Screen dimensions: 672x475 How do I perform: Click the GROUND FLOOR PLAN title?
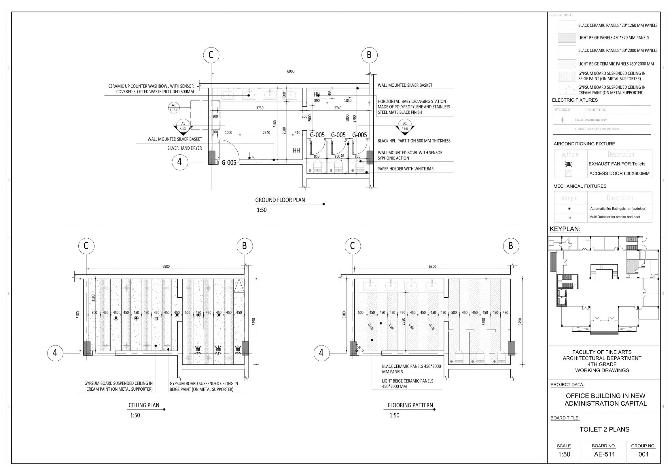click(x=280, y=200)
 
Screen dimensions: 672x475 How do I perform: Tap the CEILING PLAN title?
click(x=144, y=405)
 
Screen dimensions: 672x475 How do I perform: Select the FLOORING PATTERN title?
click(x=410, y=405)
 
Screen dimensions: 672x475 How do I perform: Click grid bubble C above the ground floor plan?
click(x=211, y=55)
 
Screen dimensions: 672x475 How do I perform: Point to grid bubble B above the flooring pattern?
click(x=511, y=246)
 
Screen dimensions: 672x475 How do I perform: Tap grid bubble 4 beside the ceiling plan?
click(x=55, y=353)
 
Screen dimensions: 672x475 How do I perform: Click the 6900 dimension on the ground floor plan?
click(x=290, y=71)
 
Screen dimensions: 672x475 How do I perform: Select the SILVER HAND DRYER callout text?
click(x=184, y=148)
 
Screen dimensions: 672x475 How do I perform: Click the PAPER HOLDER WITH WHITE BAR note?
click(x=405, y=169)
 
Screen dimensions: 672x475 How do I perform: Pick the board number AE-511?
click(x=604, y=454)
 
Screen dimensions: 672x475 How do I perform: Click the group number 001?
click(x=643, y=454)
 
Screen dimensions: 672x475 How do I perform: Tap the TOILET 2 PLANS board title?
click(x=604, y=430)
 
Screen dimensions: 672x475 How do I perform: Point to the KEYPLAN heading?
click(x=565, y=229)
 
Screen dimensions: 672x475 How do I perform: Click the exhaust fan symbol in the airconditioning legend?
click(x=569, y=164)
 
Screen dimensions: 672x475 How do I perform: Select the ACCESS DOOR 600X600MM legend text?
click(x=619, y=173)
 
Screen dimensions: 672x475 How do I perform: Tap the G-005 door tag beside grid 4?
click(x=229, y=163)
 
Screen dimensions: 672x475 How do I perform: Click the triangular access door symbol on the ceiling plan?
click(x=239, y=286)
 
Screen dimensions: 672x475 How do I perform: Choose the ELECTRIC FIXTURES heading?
click(x=575, y=100)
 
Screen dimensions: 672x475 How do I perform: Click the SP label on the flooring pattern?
click(x=359, y=347)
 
